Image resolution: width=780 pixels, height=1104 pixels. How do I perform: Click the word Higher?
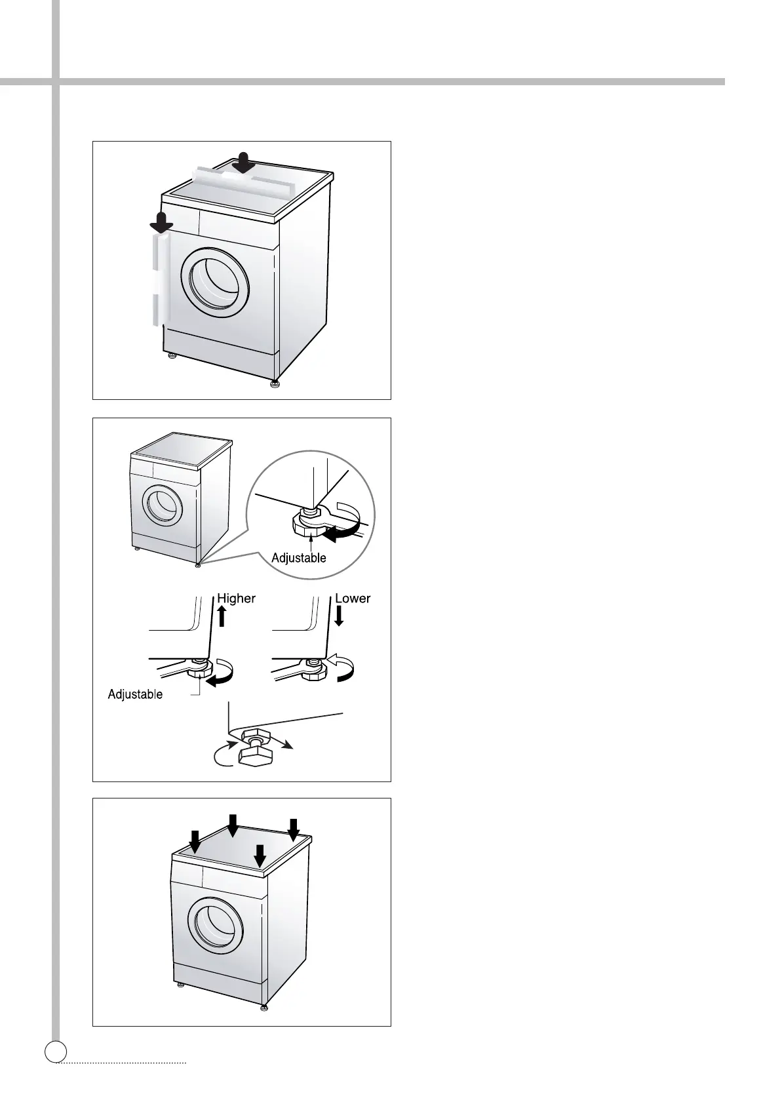coord(236,599)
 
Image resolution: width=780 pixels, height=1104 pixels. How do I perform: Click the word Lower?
coord(353,599)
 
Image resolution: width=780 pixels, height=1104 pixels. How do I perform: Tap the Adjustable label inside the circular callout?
coord(299,558)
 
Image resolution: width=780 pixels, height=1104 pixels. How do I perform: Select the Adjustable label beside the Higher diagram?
coord(135,694)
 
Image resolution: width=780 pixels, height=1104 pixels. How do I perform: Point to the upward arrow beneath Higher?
coord(222,617)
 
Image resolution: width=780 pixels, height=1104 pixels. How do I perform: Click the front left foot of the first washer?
coord(172,356)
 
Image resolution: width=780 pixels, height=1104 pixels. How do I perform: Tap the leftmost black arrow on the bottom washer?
coord(195,840)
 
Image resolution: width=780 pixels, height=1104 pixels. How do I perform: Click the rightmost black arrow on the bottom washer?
coord(293,829)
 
